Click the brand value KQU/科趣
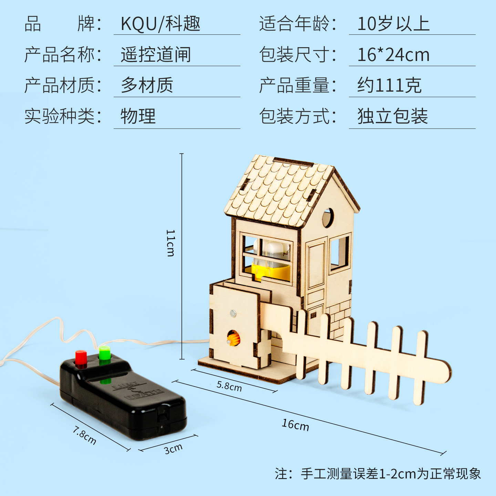tap(161, 24)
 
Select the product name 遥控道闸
tap(156, 55)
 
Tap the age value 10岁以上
tap(393, 24)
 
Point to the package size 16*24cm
tap(393, 55)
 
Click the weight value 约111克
tap(389, 85)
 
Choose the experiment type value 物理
tap(138, 116)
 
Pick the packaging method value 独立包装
tap(393, 116)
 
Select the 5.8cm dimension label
tap(229, 386)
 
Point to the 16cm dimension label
tap(295, 425)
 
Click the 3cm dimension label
tap(173, 449)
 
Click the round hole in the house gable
tap(328, 218)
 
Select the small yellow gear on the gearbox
tap(234, 338)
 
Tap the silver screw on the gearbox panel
tap(233, 313)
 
